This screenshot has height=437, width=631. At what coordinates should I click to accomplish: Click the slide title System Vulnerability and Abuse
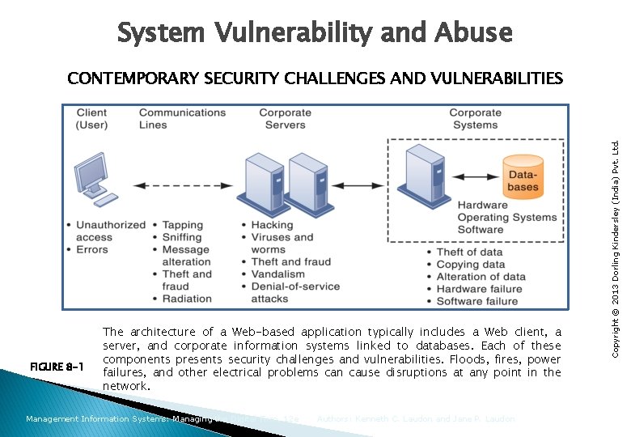coord(315,32)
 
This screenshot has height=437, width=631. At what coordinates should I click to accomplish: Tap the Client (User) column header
coord(91,118)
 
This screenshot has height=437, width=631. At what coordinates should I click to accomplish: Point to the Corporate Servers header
coord(285,118)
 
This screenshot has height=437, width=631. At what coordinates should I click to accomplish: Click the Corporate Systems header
coord(475,118)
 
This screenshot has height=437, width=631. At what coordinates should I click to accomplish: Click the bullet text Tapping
coord(182,225)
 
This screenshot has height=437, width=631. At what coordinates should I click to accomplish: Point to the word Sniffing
coord(182,237)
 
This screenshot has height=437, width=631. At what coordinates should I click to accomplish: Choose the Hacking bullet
coord(272,225)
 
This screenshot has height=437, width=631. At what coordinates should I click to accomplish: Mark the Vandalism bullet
coord(277,274)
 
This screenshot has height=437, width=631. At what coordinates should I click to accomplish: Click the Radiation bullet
coord(187,299)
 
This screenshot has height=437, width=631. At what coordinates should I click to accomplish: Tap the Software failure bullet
coord(477,301)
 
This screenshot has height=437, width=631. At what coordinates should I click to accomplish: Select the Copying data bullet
coord(470,264)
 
